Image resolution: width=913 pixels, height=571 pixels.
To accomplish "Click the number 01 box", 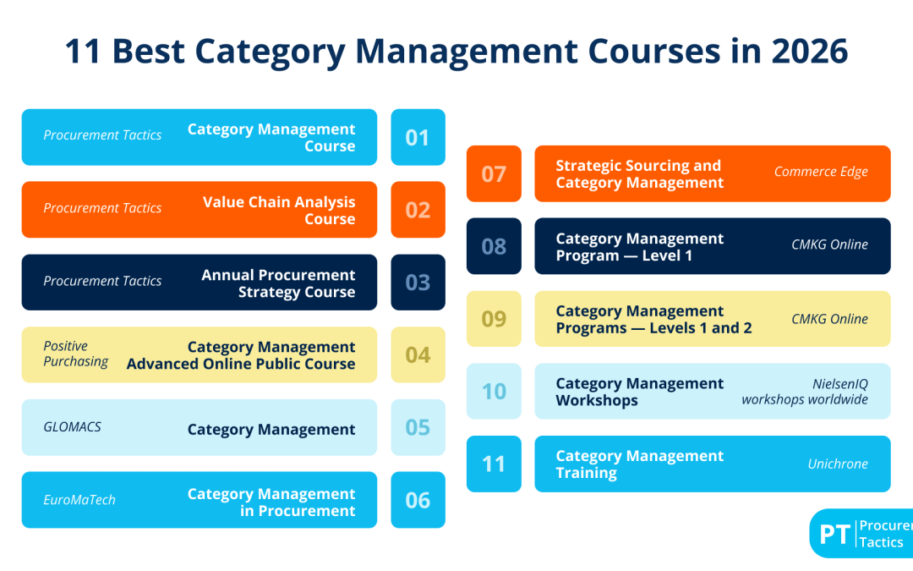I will coord(418,137).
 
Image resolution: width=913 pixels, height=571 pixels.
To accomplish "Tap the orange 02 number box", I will coord(418,210).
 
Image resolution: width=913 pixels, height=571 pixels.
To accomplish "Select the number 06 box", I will coord(418,500).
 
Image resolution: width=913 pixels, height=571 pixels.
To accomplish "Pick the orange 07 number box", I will coord(494,173).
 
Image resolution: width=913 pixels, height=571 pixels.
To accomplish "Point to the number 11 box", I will coord(494,464).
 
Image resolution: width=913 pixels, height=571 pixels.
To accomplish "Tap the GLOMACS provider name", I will coord(73,427).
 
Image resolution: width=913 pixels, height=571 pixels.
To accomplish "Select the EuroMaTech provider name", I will coord(79,500).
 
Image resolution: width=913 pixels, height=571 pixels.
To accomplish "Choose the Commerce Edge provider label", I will coord(821,172).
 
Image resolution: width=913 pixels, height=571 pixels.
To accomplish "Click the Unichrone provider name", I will coord(838,464).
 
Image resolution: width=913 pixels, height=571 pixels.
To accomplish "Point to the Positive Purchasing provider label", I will coord(76,354).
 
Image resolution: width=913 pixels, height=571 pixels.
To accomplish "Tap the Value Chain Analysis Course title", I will coord(279,210).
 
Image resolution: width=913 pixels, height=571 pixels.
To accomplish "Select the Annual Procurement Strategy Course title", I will coord(278,283).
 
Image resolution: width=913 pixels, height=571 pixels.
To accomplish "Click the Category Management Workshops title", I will coord(639,392).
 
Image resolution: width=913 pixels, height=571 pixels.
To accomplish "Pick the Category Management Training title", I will coord(639,464).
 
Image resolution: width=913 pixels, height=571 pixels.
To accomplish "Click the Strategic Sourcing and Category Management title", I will coord(638,173).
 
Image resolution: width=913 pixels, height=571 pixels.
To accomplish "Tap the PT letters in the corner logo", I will coord(834,535).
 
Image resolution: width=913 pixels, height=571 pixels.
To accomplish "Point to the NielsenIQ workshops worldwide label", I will coord(805,392).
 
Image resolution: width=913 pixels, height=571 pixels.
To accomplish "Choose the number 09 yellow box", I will coord(494,319).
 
